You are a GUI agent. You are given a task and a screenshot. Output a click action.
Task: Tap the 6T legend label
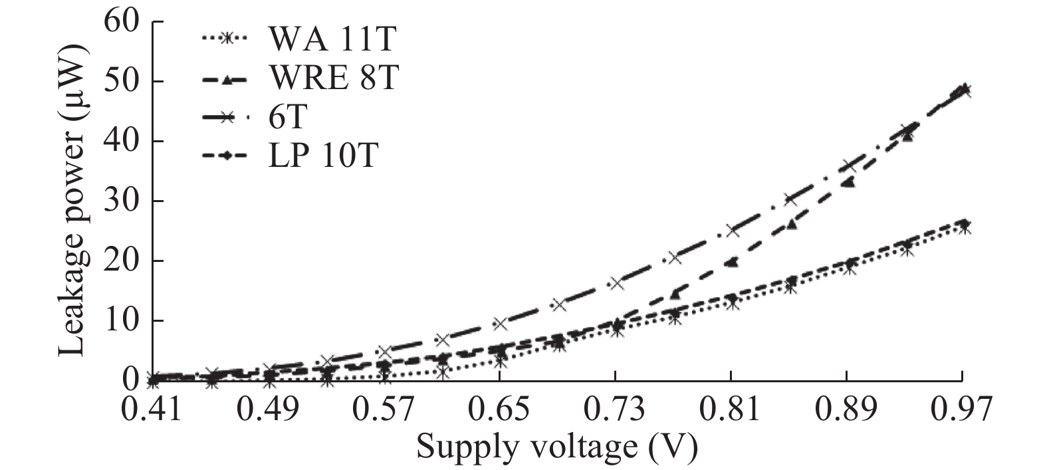[288, 118]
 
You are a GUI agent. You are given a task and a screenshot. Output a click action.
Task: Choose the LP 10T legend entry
[323, 156]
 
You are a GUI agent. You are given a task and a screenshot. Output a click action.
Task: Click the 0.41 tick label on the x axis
[152, 410]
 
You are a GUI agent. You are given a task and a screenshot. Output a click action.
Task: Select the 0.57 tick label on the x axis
[384, 410]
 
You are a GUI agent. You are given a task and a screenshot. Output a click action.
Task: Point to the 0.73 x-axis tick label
[615, 410]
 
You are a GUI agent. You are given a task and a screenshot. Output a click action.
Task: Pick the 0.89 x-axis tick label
[846, 410]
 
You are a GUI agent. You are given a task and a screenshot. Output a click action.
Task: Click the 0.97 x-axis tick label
[961, 410]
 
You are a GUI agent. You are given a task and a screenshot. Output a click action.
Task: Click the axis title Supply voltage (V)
[557, 447]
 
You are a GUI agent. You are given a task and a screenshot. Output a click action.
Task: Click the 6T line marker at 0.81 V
[732, 231]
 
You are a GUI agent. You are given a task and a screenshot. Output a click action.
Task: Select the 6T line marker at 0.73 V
[616, 283]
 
